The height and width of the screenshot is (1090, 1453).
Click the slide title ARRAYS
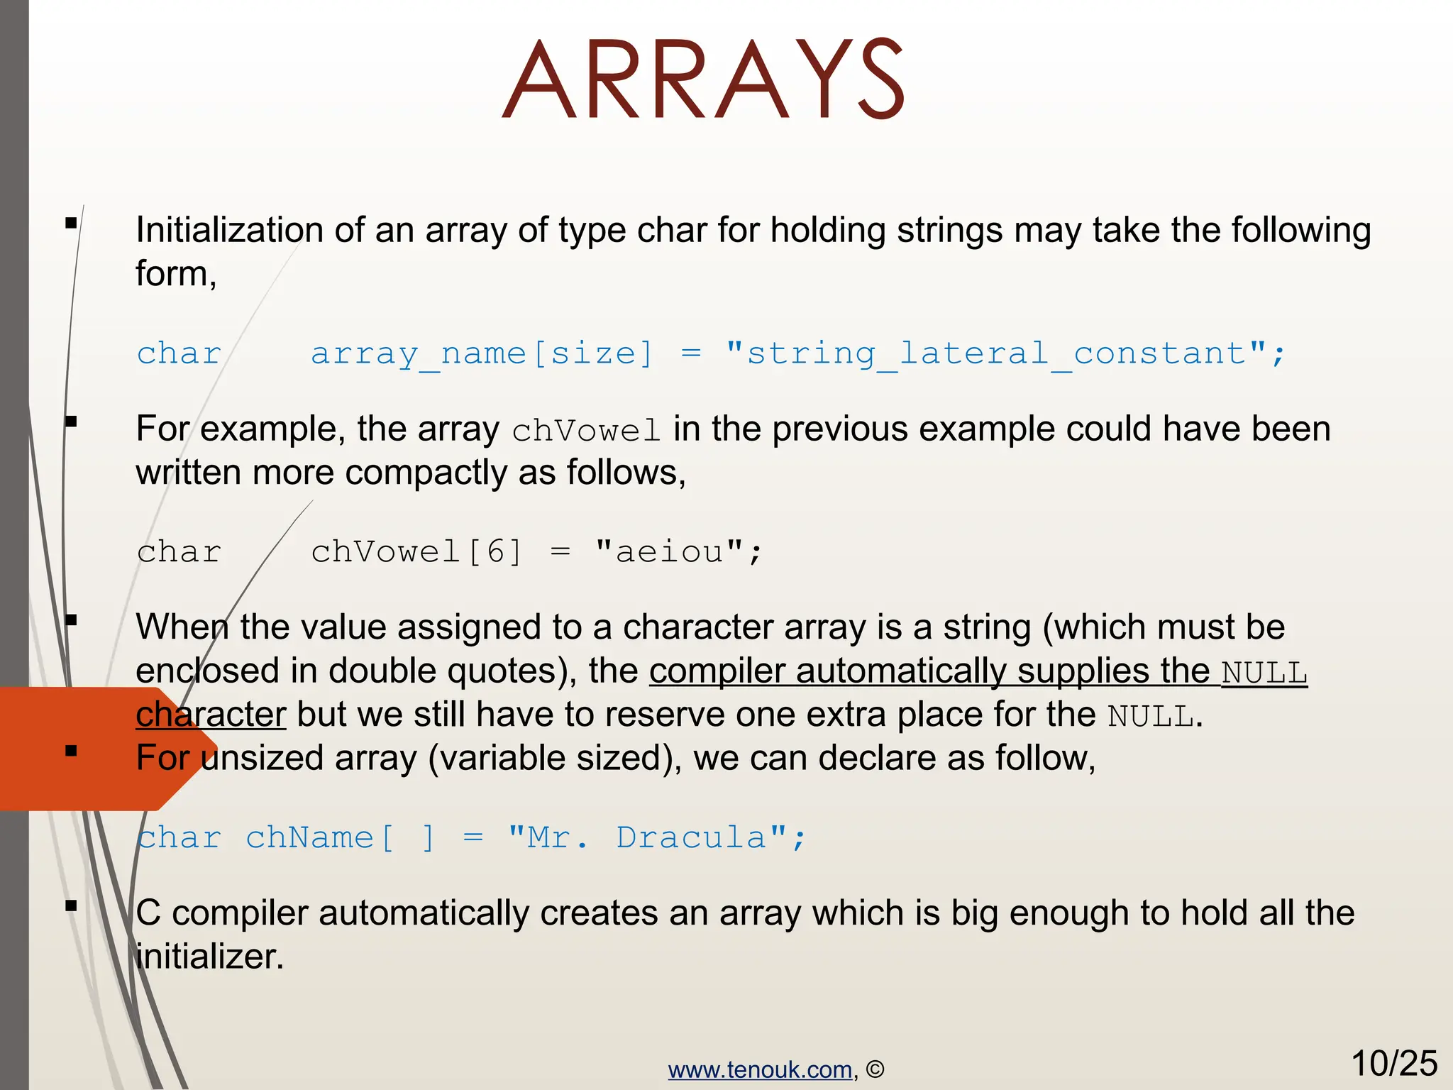(703, 79)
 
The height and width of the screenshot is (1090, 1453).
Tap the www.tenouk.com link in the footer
(760, 1069)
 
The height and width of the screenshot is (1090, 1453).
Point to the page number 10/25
(1393, 1063)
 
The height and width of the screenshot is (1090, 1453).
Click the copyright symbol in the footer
(875, 1069)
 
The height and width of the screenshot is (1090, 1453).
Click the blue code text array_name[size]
(482, 353)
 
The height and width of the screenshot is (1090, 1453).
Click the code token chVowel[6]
(416, 551)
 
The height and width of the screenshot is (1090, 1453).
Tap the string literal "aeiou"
(669, 551)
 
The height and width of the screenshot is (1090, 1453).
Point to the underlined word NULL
(1264, 673)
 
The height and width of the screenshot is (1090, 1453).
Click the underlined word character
(211, 715)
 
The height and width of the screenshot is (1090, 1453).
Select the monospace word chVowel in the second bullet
(586, 431)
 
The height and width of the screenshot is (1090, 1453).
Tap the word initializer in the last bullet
(209, 957)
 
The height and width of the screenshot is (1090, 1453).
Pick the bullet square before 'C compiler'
(71, 905)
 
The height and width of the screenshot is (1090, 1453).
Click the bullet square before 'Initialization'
(71, 224)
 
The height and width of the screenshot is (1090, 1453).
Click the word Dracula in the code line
(691, 837)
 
